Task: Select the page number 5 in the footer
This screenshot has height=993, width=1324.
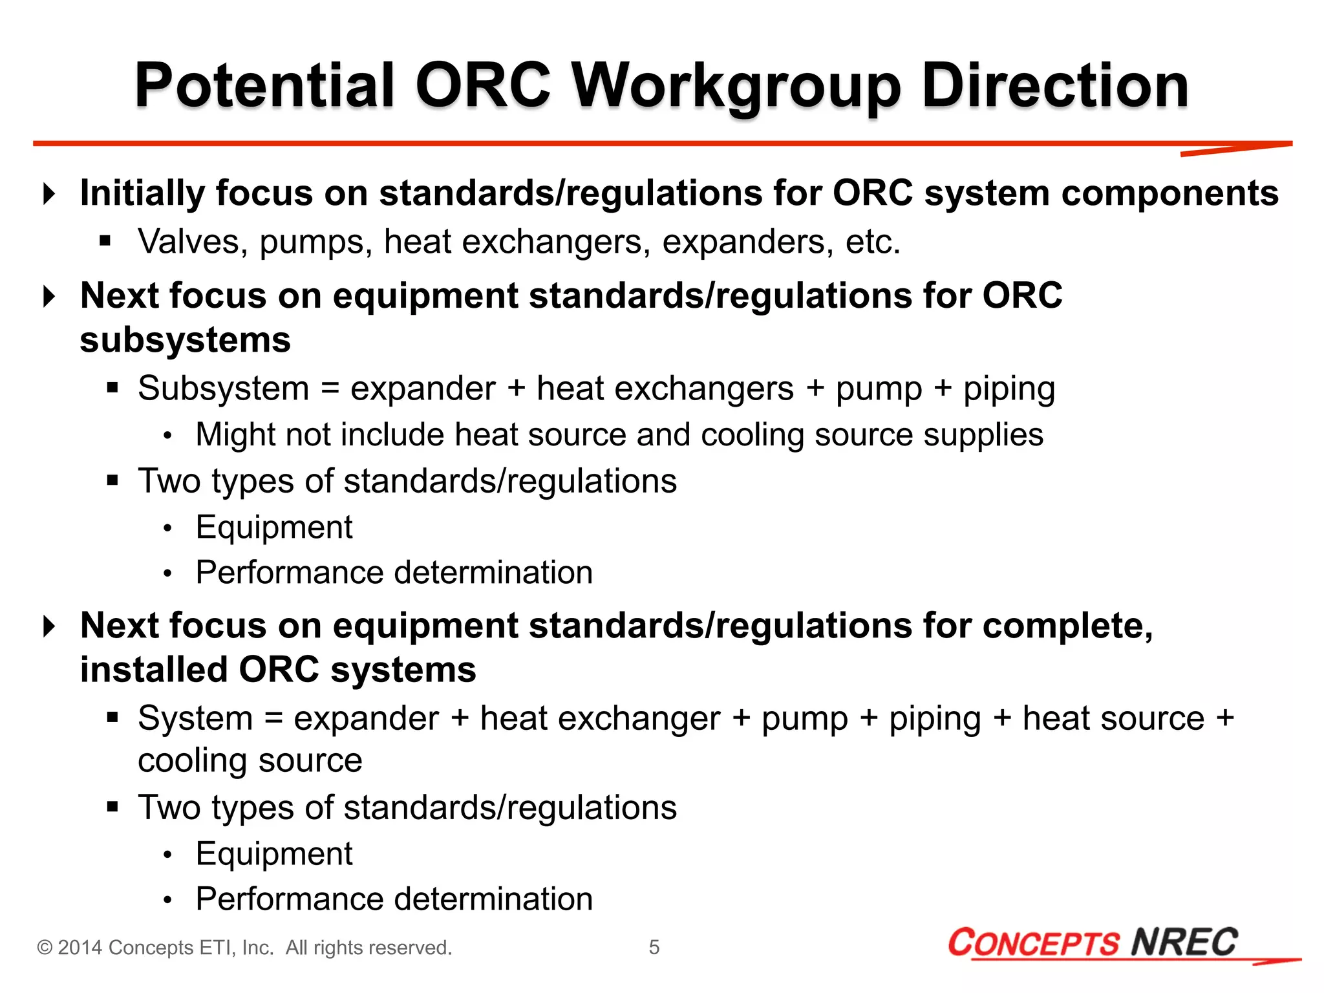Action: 654,947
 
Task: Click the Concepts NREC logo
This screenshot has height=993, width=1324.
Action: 1093,943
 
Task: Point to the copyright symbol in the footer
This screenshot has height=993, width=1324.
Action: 45,948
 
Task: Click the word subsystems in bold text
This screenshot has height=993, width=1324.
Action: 185,340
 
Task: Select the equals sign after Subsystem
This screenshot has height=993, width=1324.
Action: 330,389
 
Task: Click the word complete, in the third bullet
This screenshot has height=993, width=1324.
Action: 1068,626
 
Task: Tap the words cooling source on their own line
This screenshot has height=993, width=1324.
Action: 250,760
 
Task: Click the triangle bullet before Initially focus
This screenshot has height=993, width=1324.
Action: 48,193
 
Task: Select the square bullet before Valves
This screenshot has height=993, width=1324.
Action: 105,242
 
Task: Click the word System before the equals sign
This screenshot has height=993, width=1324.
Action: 195,719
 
